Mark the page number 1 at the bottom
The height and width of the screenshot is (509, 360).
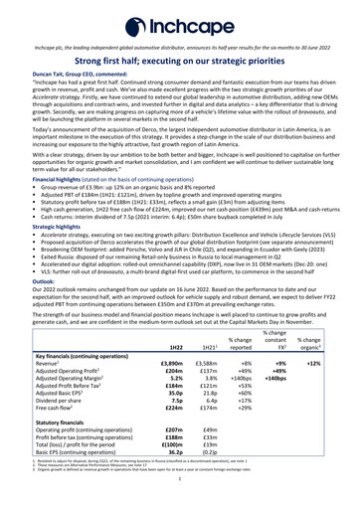coord(180,503)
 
